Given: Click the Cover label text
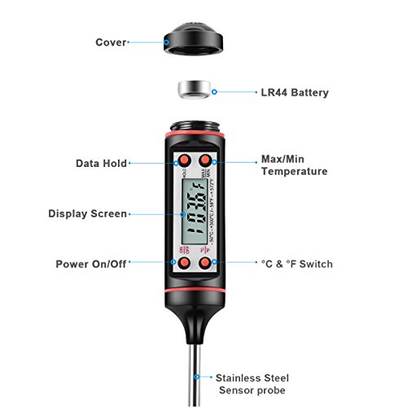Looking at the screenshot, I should (111, 42).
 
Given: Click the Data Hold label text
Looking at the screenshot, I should (101, 163).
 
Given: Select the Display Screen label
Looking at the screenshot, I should (88, 214).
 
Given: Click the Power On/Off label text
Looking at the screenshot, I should (91, 265).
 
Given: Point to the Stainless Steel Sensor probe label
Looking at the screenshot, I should (252, 384).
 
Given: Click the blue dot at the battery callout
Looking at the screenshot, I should (215, 92).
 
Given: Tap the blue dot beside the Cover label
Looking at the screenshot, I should (131, 42).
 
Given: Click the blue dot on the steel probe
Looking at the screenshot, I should (196, 378).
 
